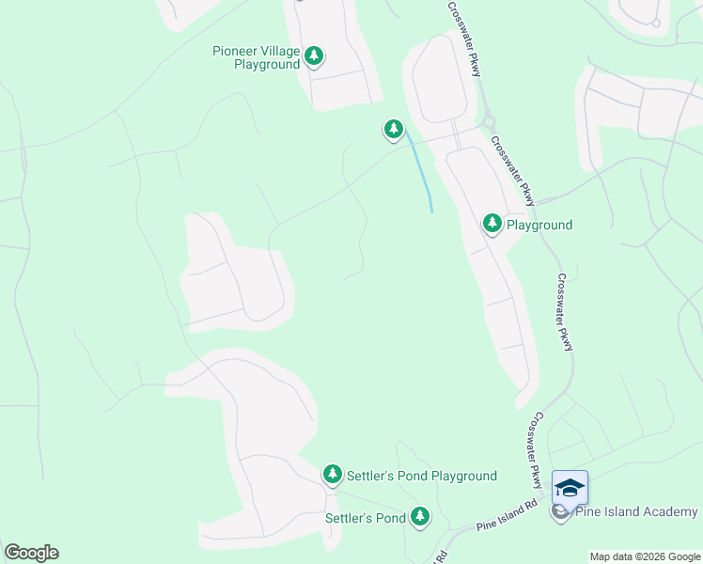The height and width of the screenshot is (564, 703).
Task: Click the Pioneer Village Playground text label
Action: tap(255, 57)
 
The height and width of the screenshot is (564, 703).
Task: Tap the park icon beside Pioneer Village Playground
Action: tap(315, 56)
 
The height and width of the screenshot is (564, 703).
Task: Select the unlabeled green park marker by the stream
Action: tap(393, 129)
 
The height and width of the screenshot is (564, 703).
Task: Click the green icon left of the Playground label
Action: tap(492, 224)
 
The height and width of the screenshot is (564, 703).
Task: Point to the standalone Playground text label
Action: tap(539, 226)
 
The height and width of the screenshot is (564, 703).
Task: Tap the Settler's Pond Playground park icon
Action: tap(332, 475)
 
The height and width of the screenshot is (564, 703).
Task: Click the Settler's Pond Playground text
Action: tap(422, 477)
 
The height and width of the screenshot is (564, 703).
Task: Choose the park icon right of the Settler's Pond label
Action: tap(419, 516)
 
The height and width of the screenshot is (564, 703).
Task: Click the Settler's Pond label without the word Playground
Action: tap(365, 518)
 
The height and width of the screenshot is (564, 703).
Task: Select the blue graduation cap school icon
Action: tap(570, 486)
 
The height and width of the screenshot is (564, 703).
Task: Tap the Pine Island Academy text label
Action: tap(636, 511)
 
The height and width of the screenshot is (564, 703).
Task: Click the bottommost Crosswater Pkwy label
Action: tap(532, 450)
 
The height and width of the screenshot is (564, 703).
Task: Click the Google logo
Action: tap(31, 553)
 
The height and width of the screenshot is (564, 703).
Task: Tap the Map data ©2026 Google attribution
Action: tap(644, 556)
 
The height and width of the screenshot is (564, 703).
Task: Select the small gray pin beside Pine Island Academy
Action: tap(560, 512)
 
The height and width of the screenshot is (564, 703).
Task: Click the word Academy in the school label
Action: tap(669, 511)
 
